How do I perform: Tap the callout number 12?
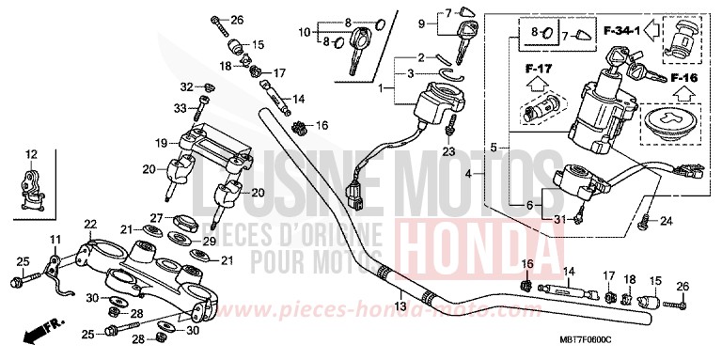[30, 154]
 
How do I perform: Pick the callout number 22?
[90, 224]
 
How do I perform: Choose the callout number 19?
[162, 143]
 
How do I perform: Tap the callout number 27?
[158, 217]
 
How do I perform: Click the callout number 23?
[448, 151]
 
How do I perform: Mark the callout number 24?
[667, 222]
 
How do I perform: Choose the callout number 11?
[55, 239]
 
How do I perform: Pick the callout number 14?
[298, 98]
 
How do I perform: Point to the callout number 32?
[185, 87]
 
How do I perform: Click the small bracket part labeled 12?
[34, 182]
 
